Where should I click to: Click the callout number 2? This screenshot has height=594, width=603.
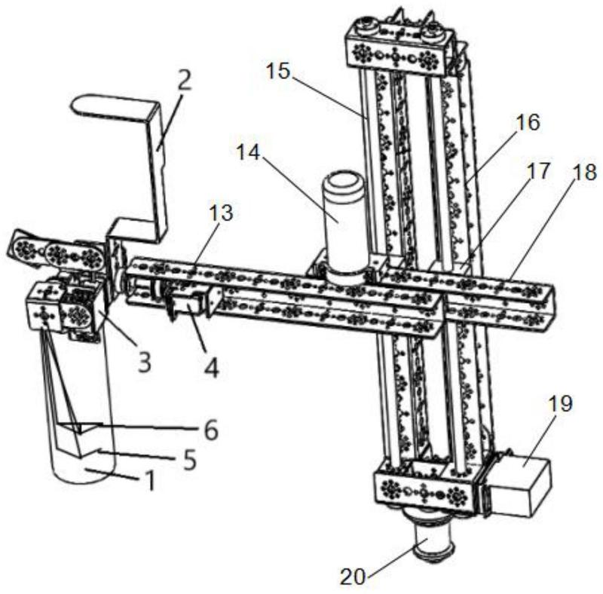(185, 81)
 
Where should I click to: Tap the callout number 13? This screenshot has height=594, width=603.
(221, 213)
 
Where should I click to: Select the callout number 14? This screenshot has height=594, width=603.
(248, 153)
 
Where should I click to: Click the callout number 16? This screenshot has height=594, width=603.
(528, 122)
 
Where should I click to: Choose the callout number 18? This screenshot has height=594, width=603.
(585, 172)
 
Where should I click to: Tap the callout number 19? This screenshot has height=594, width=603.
(560, 404)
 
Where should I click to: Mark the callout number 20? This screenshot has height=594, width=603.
(353, 577)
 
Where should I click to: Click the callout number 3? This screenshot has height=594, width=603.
(145, 362)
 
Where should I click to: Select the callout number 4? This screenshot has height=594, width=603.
(212, 367)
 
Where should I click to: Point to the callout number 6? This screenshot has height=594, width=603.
(211, 430)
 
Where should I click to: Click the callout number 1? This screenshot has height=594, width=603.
(151, 480)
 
